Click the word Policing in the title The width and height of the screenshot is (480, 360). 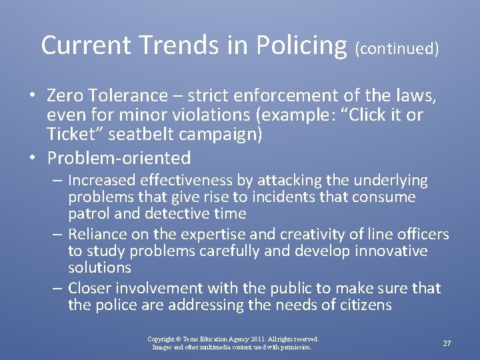tap(294, 45)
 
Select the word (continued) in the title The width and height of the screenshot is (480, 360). tap(397, 49)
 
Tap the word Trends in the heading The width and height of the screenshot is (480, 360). tap(171, 45)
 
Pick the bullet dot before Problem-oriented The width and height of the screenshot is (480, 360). tap(32, 158)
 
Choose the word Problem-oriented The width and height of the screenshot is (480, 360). tap(119, 158)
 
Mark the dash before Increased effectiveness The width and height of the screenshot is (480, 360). tap(57, 180)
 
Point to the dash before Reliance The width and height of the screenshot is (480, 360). tap(57, 235)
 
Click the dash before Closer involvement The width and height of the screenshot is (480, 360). tap(57, 289)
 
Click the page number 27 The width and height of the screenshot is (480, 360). tap(447, 343)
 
